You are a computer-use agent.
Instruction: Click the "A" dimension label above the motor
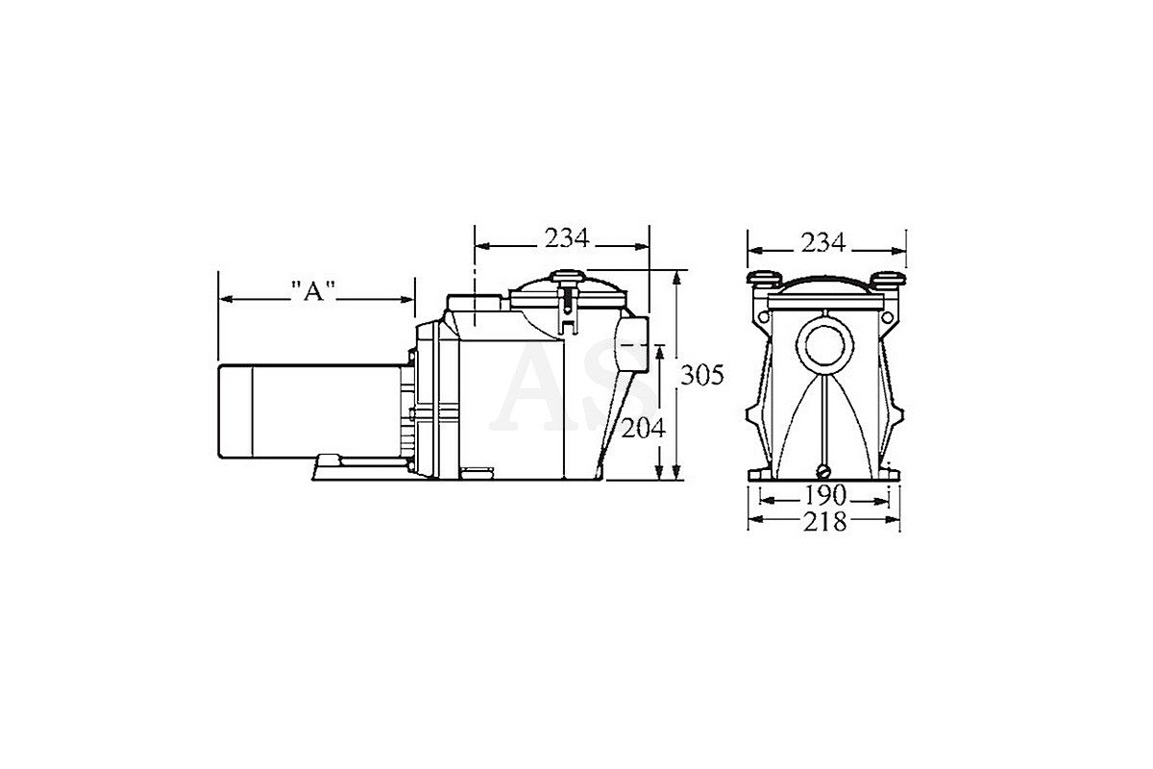[313, 291]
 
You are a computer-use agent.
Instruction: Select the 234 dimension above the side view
[567, 238]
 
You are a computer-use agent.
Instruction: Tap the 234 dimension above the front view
[823, 242]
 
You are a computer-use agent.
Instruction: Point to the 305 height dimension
[702, 375]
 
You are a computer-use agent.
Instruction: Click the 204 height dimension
[644, 428]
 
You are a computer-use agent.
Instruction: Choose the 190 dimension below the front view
[825, 495]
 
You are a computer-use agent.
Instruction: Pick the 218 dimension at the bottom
[824, 522]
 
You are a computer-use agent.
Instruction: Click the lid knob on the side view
[567, 277]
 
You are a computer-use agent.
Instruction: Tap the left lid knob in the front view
[765, 279]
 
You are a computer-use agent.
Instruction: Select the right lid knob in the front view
[889, 279]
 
